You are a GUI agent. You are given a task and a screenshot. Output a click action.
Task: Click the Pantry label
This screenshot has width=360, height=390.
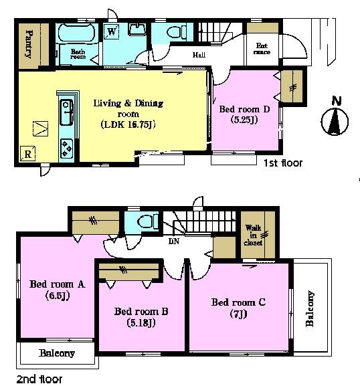click(x=29, y=44)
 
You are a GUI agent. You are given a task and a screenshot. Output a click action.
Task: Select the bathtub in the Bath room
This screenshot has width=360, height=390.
click(x=76, y=33)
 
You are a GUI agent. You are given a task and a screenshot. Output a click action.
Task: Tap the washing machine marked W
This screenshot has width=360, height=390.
click(x=112, y=31)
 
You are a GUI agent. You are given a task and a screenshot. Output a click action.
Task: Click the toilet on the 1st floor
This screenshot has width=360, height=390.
click(x=177, y=32)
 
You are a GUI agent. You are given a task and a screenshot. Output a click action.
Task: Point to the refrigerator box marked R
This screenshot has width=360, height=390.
click(x=27, y=154)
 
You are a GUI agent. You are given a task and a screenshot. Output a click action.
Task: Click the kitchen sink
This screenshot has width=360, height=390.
click(x=66, y=112)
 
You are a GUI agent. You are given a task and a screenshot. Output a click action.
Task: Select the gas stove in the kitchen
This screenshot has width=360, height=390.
click(x=66, y=148)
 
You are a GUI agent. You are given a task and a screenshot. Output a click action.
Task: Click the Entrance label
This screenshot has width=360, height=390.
click(x=262, y=49)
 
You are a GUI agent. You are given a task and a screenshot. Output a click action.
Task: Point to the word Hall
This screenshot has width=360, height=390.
click(x=199, y=55)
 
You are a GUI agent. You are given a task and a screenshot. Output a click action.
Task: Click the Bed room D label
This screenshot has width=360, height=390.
click(x=244, y=109)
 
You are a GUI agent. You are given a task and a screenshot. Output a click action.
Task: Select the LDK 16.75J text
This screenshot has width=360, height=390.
click(x=128, y=124)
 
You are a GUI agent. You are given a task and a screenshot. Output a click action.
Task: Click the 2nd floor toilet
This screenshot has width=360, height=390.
click(x=148, y=221)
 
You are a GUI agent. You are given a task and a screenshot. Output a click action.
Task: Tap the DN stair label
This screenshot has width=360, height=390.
click(x=174, y=241)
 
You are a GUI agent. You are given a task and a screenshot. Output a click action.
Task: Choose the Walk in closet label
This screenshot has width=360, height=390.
click(x=254, y=235)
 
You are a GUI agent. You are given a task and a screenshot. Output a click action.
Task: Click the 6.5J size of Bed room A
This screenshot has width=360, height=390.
click(x=58, y=296)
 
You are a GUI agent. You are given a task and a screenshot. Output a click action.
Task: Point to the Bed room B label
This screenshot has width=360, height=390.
click(x=141, y=312)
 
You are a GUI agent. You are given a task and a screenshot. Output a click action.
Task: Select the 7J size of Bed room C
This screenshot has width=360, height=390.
click(x=238, y=314)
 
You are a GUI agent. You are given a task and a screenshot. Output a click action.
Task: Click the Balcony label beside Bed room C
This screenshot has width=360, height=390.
click(x=310, y=308)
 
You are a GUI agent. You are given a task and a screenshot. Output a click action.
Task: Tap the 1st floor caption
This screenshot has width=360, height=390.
click(x=283, y=163)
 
